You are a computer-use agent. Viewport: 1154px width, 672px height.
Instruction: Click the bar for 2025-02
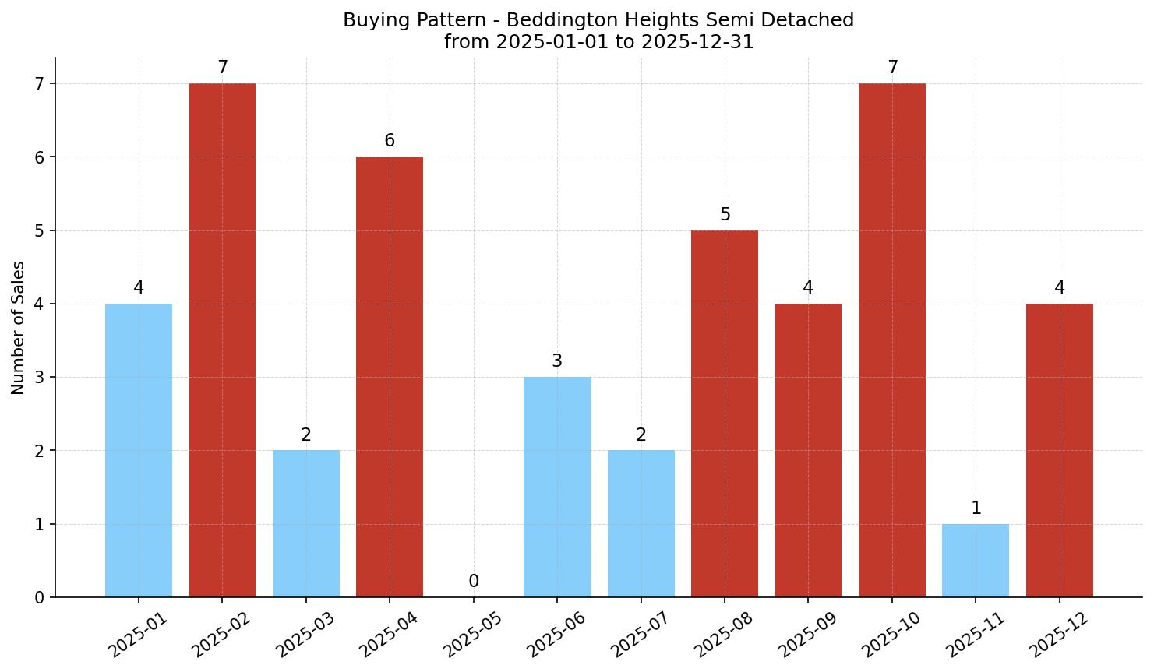point(222,340)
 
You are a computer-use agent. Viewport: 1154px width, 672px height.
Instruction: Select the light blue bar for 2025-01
point(139,450)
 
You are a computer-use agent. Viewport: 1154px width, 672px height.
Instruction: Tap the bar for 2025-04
point(390,377)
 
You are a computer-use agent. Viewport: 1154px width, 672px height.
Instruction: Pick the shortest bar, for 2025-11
point(976,561)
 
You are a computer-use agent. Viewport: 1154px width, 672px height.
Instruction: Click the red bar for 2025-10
point(892,340)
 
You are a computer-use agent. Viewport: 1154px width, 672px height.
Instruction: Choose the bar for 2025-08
point(725,413)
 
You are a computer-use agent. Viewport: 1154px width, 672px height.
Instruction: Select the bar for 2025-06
point(557,487)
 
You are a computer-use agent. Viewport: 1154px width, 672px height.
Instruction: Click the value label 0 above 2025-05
point(474,582)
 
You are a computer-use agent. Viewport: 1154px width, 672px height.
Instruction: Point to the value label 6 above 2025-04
point(390,141)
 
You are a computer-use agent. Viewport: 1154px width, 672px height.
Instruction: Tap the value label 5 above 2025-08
point(725,215)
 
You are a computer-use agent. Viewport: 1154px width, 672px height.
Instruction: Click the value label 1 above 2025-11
point(976,508)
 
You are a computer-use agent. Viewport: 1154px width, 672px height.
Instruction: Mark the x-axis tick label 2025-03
point(305,635)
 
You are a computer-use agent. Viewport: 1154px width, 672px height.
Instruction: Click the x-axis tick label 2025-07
point(641,635)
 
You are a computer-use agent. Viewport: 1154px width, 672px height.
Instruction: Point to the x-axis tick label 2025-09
point(807,635)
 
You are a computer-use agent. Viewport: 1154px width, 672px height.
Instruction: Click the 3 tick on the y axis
point(40,378)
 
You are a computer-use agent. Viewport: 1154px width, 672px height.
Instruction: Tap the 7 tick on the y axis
point(40,84)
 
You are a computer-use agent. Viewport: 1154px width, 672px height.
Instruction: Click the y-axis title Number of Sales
point(19,328)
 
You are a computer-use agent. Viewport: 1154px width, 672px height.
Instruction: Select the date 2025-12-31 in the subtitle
point(697,42)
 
